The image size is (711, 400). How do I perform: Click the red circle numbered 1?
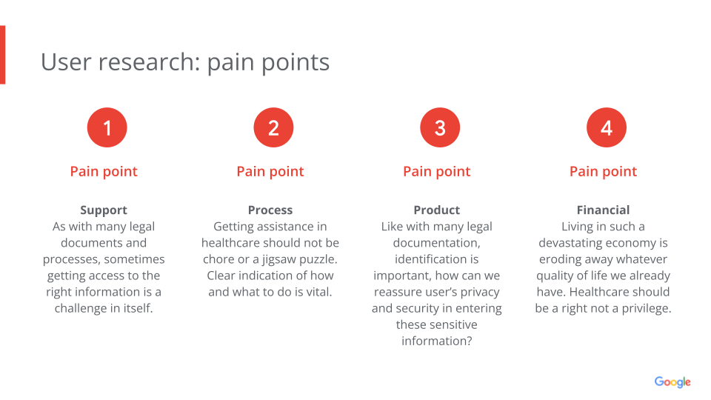coord(107,127)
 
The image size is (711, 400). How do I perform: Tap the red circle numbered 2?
coord(273,127)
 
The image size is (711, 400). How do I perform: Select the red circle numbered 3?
coord(440,127)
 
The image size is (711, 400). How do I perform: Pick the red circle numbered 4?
coord(607,127)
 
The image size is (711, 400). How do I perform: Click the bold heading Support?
coord(104,210)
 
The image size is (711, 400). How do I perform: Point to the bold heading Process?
coord(270,210)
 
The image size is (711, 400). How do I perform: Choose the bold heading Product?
coord(437,210)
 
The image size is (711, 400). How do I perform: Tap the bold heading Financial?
coord(603,210)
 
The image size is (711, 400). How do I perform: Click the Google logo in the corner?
coord(672,382)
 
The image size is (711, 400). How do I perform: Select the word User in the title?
coord(66,61)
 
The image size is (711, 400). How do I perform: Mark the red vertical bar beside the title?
coord(3,55)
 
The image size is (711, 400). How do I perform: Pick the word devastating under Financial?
coord(569,244)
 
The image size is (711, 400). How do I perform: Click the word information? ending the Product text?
coord(437,341)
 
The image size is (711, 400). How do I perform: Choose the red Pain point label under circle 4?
coord(603,172)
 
